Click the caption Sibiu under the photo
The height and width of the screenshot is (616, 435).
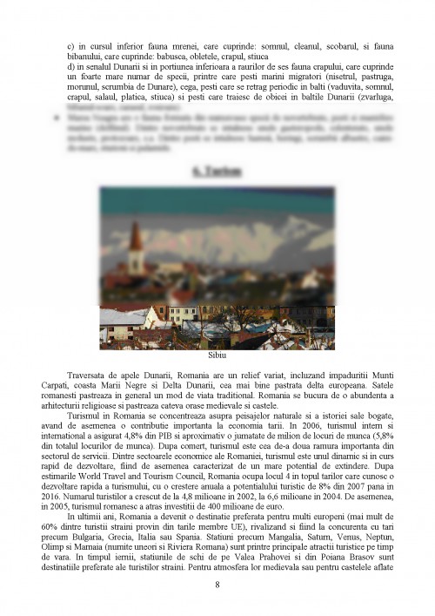tap(217, 356)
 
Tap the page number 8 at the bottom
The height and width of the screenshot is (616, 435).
tap(217, 584)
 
